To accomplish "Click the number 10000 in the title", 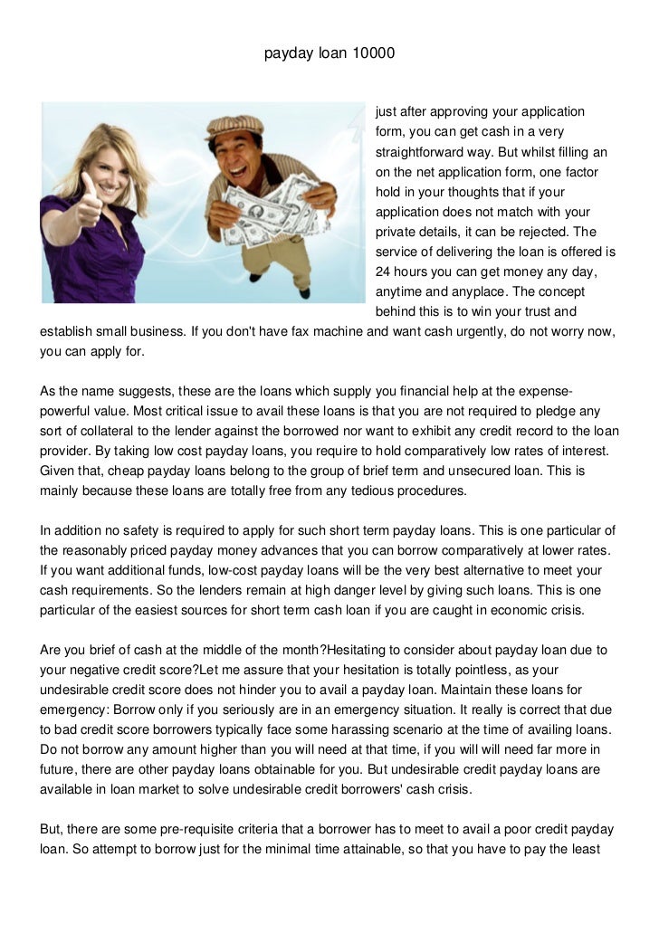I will [375, 54].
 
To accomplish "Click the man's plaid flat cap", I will [234, 126].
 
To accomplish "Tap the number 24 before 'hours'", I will [382, 271].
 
